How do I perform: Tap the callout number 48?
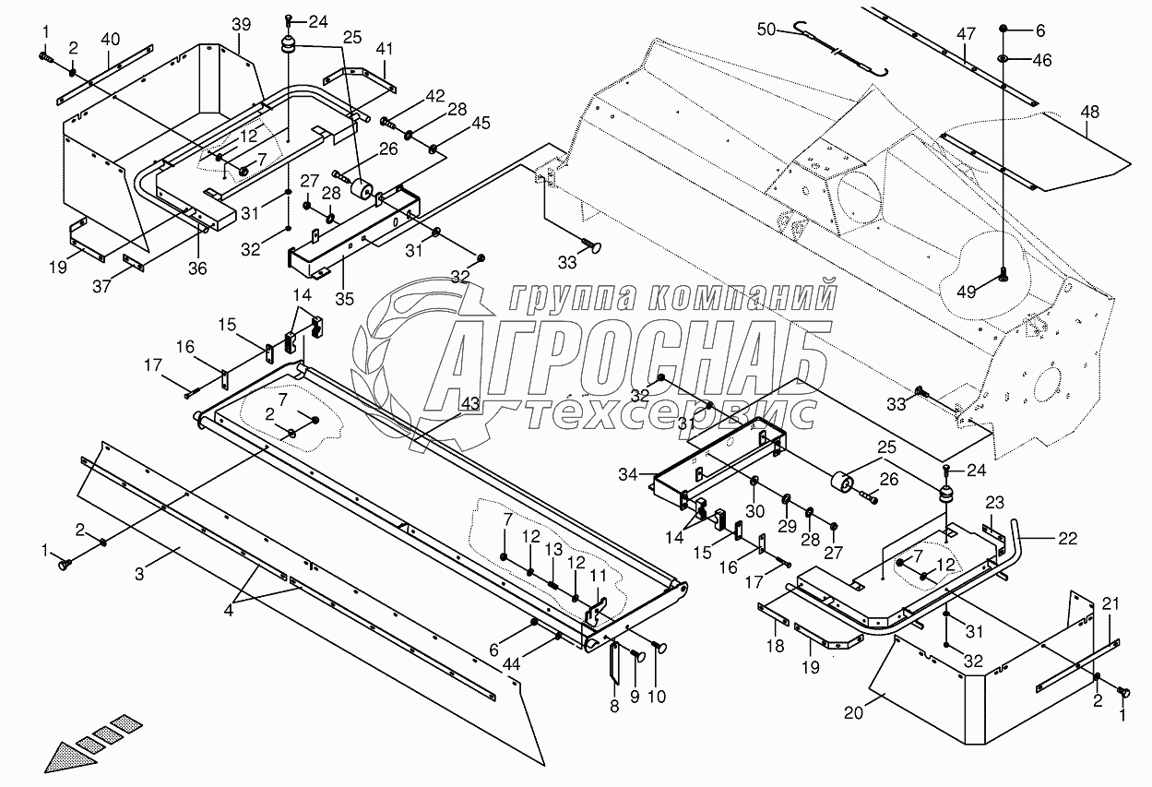[1090, 113]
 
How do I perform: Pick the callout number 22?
[1067, 540]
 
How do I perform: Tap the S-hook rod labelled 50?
[839, 48]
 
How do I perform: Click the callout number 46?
[1041, 60]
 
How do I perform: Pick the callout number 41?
[385, 47]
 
